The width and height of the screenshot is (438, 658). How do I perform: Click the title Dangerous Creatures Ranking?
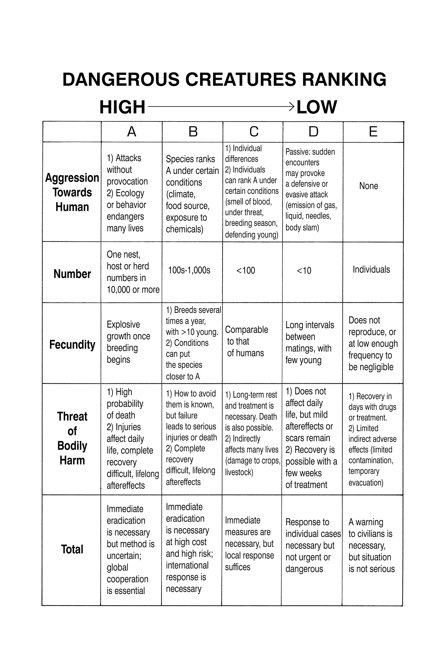click(224, 79)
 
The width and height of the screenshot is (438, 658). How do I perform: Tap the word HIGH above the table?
click(122, 107)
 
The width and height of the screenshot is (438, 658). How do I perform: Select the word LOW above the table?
click(316, 107)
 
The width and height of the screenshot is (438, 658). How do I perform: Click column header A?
click(132, 132)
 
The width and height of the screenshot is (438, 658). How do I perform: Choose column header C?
click(254, 132)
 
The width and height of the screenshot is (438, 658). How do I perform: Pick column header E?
click(373, 132)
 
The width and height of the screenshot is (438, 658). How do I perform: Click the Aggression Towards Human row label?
click(72, 192)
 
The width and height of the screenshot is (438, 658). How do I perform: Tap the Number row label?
click(72, 274)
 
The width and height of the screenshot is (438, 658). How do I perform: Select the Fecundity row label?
click(72, 345)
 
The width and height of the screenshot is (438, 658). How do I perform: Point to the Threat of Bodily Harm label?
click(72, 438)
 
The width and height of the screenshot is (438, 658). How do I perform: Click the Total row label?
click(72, 549)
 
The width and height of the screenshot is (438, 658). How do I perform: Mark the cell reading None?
click(368, 186)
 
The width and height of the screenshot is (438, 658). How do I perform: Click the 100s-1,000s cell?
click(189, 270)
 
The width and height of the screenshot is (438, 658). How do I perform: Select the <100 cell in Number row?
click(246, 271)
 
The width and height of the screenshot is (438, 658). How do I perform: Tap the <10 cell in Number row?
click(304, 271)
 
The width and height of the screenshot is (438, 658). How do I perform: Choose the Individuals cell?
click(371, 270)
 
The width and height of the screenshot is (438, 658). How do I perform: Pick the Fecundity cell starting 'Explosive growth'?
click(128, 342)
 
